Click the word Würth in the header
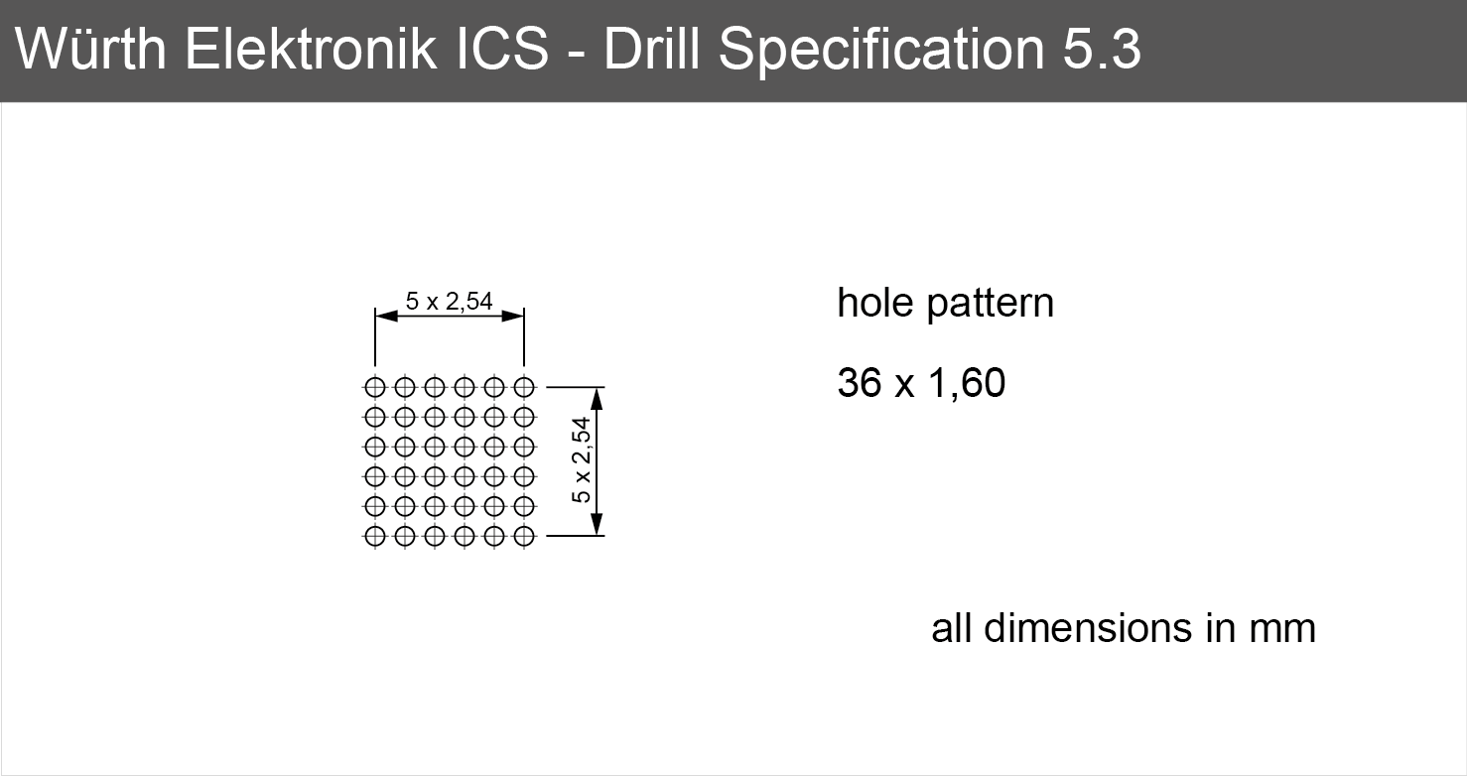[x=91, y=49]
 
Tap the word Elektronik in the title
[x=311, y=49]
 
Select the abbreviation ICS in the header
[x=502, y=49]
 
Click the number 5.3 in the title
[x=1102, y=49]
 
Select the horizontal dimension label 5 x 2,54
[x=450, y=302]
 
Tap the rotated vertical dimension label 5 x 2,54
[x=582, y=459]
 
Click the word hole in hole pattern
[x=875, y=303]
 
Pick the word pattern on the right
[x=991, y=305]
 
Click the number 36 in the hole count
[x=860, y=383]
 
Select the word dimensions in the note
[x=1088, y=628]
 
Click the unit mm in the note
[x=1282, y=631]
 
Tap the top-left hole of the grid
[x=375, y=387]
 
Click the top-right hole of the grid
[x=524, y=387]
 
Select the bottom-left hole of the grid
[x=375, y=536]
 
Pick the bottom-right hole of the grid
[x=524, y=536]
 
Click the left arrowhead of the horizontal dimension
[x=386, y=317]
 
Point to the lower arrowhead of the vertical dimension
[x=597, y=524]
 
